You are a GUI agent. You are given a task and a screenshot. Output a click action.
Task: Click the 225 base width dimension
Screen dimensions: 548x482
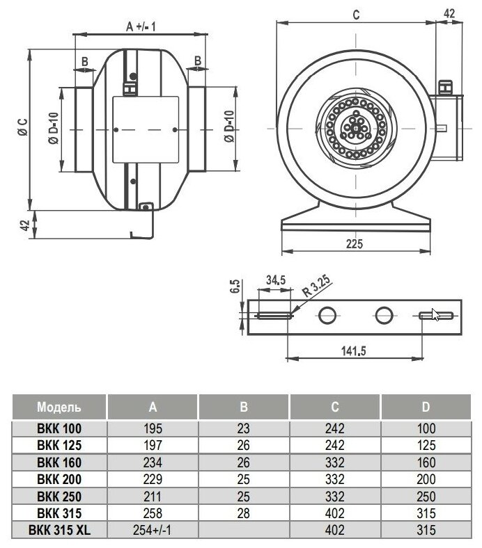click(355, 244)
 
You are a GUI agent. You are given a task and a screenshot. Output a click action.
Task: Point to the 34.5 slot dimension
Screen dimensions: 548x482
click(276, 280)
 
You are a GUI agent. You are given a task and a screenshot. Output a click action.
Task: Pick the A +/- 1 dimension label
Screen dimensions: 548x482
click(139, 26)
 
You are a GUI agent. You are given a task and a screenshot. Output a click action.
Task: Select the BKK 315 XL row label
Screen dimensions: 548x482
click(59, 530)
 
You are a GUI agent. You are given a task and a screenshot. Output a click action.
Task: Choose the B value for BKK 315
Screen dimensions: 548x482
click(242, 513)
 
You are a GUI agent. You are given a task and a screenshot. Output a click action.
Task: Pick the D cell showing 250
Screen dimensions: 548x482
click(425, 497)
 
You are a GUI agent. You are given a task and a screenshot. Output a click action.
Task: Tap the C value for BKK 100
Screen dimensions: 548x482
click(334, 428)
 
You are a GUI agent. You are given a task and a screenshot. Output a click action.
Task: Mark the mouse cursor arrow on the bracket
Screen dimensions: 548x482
click(435, 314)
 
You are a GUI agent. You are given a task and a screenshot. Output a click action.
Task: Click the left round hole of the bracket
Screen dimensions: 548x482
click(327, 315)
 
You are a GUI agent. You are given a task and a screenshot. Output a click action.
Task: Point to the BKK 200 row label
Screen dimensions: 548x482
click(59, 479)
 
